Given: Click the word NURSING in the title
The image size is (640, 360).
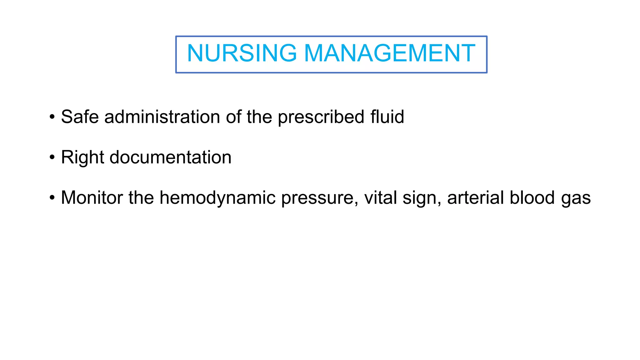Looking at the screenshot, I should click(x=242, y=53).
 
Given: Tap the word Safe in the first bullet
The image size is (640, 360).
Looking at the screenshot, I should click(x=80, y=117).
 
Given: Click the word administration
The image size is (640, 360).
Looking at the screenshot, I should click(x=162, y=117).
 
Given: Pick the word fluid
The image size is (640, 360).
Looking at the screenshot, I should click(x=387, y=117).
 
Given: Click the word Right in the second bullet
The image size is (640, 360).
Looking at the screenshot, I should click(x=82, y=157).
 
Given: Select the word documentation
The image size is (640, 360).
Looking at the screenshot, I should click(x=170, y=157).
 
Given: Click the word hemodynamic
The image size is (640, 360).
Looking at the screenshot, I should click(x=217, y=198).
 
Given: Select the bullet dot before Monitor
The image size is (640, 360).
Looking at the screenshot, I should click(x=52, y=198).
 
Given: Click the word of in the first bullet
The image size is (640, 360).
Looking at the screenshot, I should click(x=233, y=117).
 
